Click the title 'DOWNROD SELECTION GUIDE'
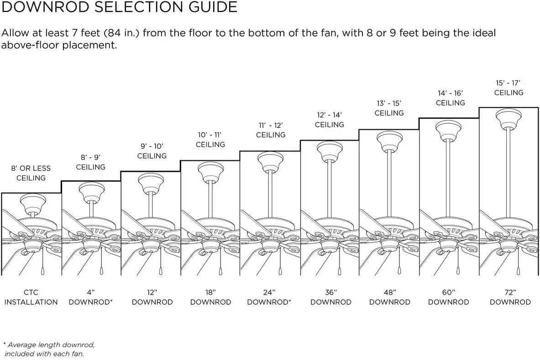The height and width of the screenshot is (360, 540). pyautogui.click(x=120, y=7)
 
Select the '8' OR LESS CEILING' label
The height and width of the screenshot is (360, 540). pyautogui.click(x=31, y=173)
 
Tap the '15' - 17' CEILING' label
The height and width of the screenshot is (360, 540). pyautogui.click(x=509, y=88)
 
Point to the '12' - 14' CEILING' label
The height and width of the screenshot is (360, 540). pyautogui.click(x=329, y=120)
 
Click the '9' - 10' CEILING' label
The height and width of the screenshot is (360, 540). pyautogui.click(x=152, y=151)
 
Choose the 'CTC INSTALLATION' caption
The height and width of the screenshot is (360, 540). pyautogui.click(x=31, y=297)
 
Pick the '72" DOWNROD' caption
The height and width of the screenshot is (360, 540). pyautogui.click(x=510, y=297)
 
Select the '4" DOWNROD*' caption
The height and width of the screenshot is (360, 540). pyautogui.click(x=90, y=297)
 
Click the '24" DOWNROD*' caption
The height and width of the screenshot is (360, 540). pyautogui.click(x=269, y=297)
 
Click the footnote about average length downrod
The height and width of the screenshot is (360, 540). pyautogui.click(x=49, y=349)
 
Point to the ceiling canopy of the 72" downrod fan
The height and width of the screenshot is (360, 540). pyautogui.click(x=509, y=117)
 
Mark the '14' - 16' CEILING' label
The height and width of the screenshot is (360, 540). pyautogui.click(x=450, y=98)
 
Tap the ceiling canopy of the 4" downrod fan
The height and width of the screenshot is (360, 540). pyautogui.click(x=91, y=191)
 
